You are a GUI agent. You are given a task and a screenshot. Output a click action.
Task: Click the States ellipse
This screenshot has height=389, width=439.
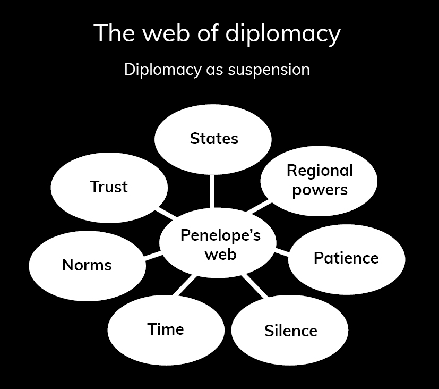(213, 139)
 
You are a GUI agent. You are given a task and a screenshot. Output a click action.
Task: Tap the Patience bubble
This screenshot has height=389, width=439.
(346, 258)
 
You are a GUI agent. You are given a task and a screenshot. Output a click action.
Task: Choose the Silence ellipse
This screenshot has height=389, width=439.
(290, 331)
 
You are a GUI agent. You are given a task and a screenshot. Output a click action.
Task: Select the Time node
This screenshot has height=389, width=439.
(166, 329)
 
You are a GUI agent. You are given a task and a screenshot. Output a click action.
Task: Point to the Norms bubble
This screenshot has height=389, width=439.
(87, 265)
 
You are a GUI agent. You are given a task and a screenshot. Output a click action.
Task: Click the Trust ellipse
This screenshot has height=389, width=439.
(109, 187)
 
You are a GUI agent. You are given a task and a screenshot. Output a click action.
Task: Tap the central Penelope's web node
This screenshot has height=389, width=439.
(220, 245)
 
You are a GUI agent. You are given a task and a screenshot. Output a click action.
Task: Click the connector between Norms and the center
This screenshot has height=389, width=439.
(153, 256)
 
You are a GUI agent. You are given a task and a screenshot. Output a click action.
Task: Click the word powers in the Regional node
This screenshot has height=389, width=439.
(320, 189)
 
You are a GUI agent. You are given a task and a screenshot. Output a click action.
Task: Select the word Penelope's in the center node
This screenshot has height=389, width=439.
(220, 235)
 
